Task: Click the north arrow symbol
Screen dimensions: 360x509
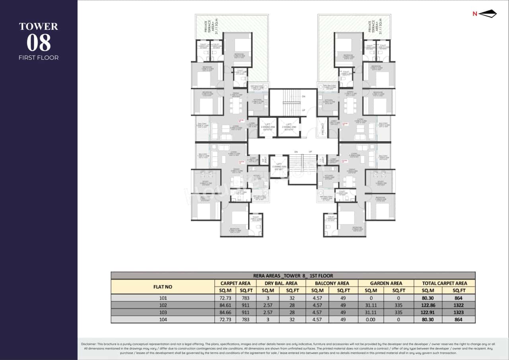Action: pos(487,14)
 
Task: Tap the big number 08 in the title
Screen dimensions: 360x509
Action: pos(39,43)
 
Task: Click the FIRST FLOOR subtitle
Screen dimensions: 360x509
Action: pos(39,58)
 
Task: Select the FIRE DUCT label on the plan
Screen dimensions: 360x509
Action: pos(322,128)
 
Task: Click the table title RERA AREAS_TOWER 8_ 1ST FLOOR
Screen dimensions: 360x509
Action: pos(293,275)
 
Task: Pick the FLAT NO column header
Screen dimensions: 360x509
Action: pos(163,286)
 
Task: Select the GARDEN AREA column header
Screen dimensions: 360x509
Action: pos(386,283)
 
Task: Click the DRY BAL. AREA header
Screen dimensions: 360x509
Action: pos(281,283)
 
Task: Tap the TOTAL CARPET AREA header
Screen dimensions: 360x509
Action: pos(444,283)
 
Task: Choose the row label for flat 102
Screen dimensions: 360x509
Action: pos(163,305)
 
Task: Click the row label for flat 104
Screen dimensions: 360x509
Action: pos(163,319)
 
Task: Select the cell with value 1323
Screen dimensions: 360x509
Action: pos(458,312)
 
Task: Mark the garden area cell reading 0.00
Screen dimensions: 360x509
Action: pos(372,319)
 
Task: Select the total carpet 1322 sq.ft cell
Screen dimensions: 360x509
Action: pos(458,305)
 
